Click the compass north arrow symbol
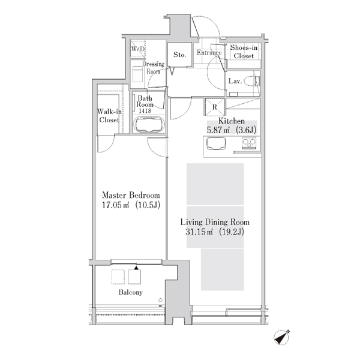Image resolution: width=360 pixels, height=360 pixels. [x=282, y=337]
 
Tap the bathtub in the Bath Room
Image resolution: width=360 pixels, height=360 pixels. [x=149, y=125]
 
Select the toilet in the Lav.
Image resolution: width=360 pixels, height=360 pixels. [x=252, y=81]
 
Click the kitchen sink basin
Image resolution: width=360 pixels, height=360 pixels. [x=216, y=143]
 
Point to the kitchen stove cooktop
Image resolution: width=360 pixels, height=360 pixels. [x=249, y=143]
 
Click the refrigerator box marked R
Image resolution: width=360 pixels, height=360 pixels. [x=214, y=107]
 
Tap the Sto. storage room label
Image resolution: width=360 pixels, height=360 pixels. [x=179, y=55]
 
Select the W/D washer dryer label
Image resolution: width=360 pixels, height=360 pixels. [x=138, y=49]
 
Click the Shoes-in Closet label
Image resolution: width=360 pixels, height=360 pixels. [x=244, y=52]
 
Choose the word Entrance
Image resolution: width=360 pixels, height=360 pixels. [x=209, y=53]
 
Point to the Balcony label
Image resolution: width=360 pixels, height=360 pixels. [x=130, y=292]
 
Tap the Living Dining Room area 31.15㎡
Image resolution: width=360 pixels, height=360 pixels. [x=199, y=232]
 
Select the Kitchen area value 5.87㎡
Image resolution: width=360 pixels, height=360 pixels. [x=218, y=130]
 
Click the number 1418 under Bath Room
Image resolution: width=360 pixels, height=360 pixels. [x=145, y=110]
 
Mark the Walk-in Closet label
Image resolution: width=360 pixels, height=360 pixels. [x=109, y=116]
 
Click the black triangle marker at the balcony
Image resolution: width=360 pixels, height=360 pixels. [x=136, y=268]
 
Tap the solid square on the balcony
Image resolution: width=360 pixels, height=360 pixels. [x=134, y=277]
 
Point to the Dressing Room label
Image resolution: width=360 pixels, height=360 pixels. [x=154, y=67]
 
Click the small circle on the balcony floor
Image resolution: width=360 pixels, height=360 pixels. [x=160, y=300]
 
